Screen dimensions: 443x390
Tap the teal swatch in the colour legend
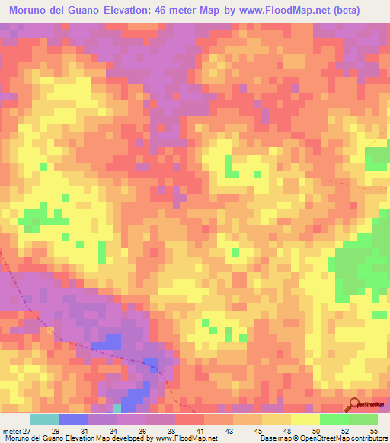pyautogui.click(x=45, y=419)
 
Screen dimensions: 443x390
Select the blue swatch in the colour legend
pyautogui.click(x=74, y=419)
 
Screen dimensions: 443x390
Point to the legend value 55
pyautogui.click(x=373, y=430)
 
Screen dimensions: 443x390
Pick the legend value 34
pyautogui.click(x=113, y=430)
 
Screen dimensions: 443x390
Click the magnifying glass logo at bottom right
pyautogui.click(x=353, y=405)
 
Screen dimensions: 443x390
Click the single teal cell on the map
pyautogui.click(x=117, y=409)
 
